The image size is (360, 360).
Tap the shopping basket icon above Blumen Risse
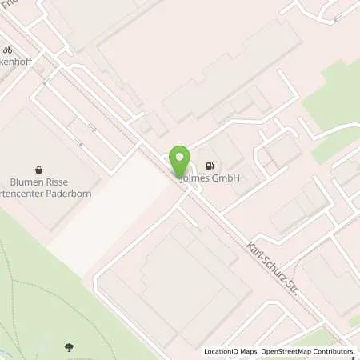click(38, 169)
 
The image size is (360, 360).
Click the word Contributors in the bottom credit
click(331, 351)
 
